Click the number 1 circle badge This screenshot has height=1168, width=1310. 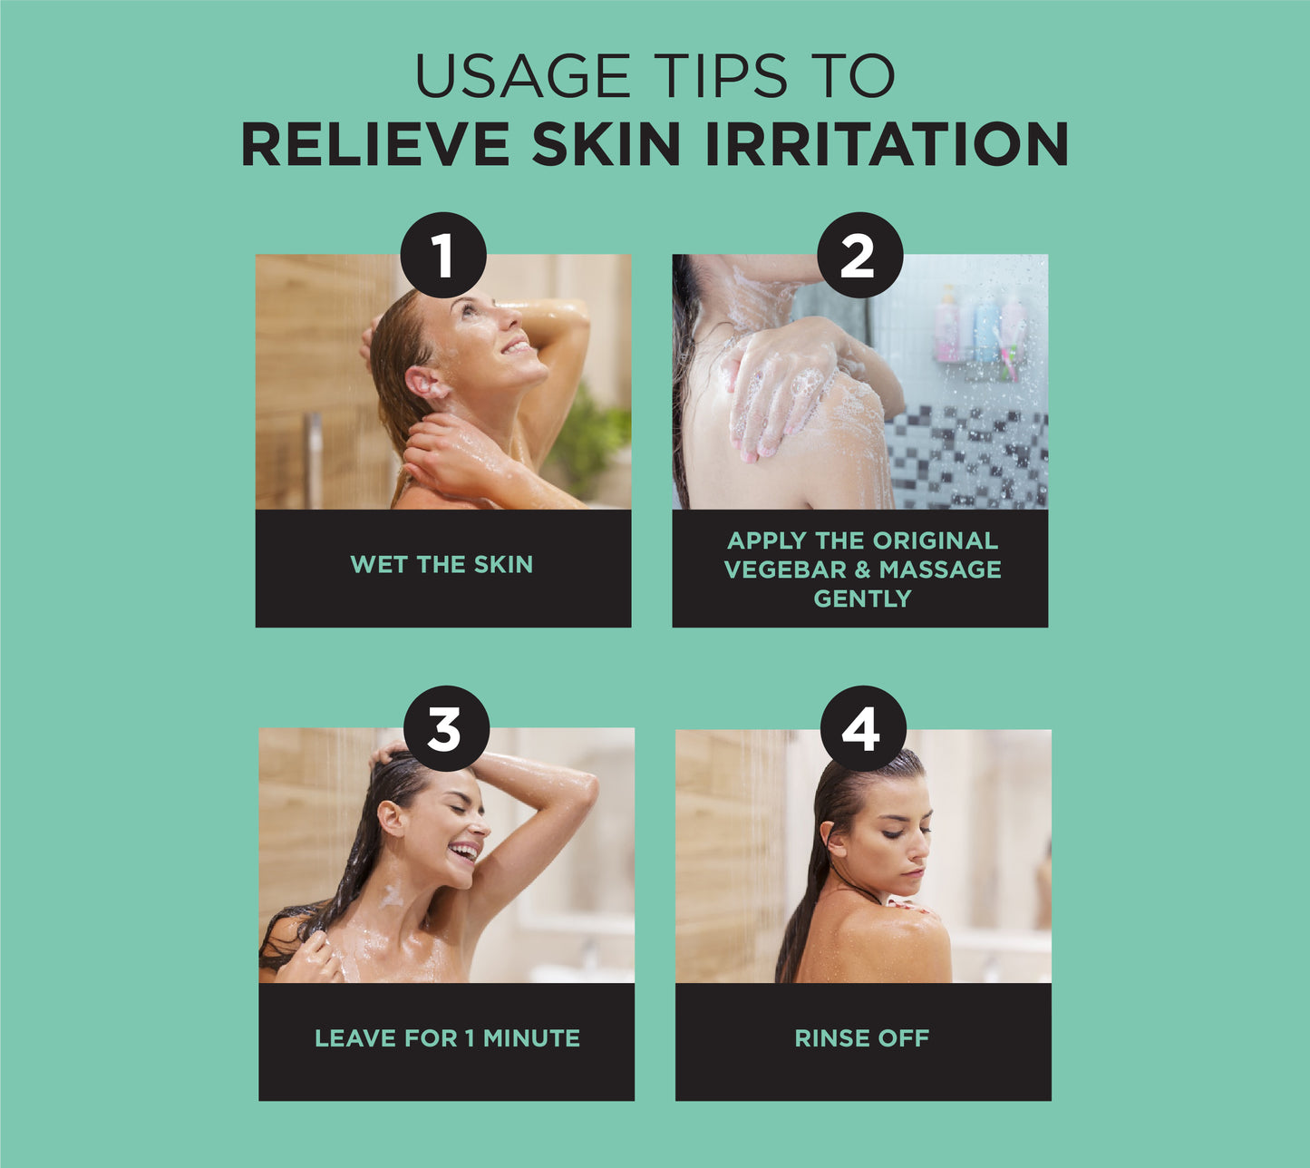tap(443, 255)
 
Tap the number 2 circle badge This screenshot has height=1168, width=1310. tap(860, 255)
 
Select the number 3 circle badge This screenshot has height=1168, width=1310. tap(446, 728)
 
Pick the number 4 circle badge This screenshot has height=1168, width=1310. tap(863, 728)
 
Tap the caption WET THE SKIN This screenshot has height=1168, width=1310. tap(442, 565)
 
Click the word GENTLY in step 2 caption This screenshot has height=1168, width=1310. tap(862, 599)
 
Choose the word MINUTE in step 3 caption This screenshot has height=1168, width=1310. tap(531, 1038)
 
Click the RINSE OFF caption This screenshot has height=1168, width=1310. tap(862, 1038)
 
